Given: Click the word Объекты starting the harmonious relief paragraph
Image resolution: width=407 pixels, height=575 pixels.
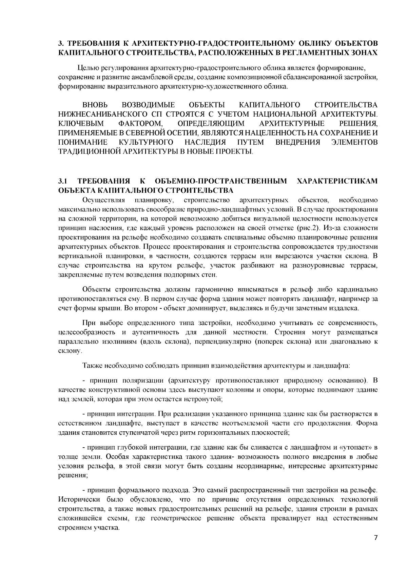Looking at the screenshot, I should click(x=97, y=290).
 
